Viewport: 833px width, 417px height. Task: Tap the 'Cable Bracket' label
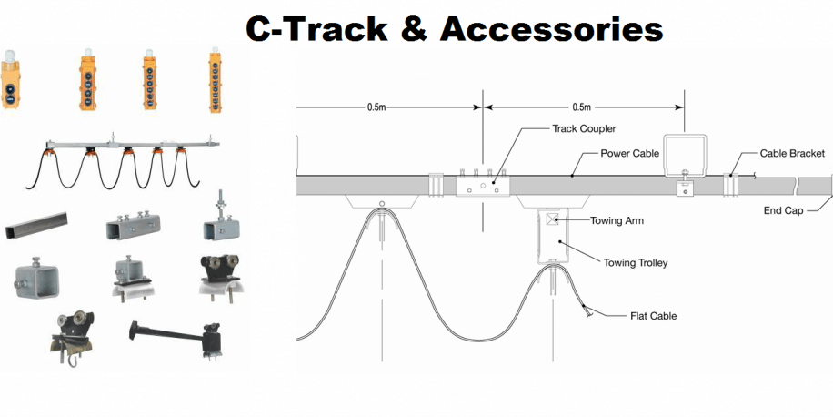tap(792, 154)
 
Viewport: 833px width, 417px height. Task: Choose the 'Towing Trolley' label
tap(636, 263)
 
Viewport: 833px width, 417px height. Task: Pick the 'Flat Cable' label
tap(653, 316)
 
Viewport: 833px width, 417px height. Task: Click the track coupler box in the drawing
tap(482, 185)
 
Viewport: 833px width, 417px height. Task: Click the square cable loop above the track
tap(687, 158)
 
